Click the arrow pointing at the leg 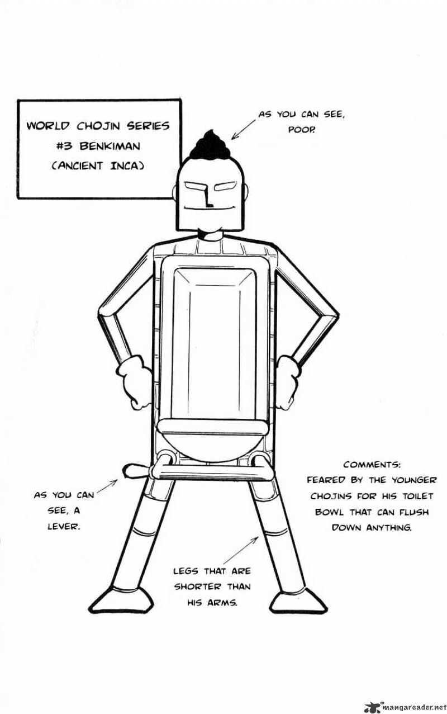241,550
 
